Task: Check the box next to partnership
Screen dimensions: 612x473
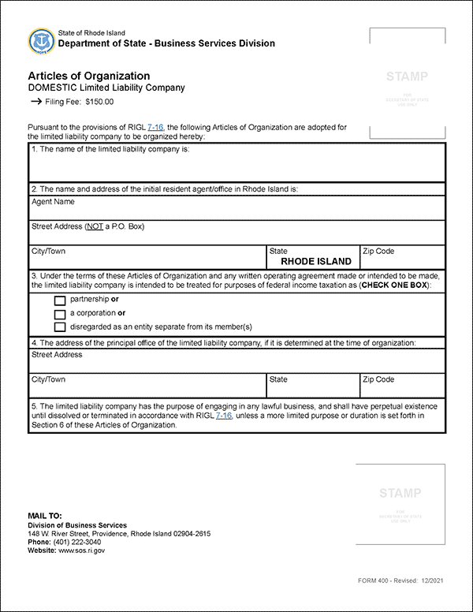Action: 60,300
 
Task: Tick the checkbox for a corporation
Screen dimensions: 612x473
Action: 60,314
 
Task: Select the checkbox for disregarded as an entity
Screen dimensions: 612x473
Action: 60,327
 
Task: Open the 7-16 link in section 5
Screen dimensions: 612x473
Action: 224,416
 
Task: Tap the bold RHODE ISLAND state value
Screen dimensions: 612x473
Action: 316,262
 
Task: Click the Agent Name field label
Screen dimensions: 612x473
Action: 53,202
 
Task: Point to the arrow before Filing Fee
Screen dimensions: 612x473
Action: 35,102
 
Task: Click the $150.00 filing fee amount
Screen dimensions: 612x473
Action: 99,102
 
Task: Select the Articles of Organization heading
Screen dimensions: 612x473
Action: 88,76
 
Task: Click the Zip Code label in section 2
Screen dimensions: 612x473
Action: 378,252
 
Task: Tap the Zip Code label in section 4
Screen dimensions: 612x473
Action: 378,380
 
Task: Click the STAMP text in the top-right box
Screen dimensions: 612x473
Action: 407,76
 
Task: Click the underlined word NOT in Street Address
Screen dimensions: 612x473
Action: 93,227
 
